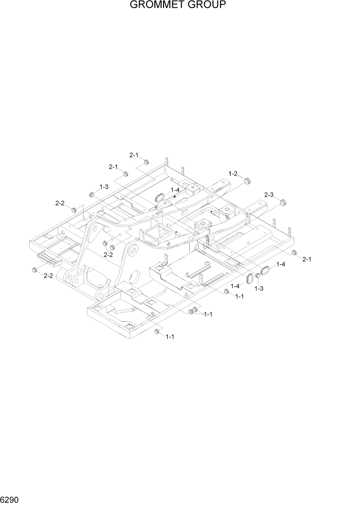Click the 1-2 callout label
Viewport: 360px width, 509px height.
coord(233,173)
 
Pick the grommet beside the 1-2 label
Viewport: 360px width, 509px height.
coord(248,181)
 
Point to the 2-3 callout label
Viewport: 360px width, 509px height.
coord(269,195)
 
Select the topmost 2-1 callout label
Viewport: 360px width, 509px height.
coord(134,154)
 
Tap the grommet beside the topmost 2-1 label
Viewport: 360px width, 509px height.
coord(146,163)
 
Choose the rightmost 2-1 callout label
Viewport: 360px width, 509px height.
coord(307,259)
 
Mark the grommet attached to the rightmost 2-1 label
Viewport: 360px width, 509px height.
coord(294,253)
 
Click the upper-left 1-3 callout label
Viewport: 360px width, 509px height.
coord(104,187)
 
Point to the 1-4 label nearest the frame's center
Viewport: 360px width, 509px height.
coord(175,190)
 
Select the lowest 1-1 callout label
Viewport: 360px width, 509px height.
coord(170,337)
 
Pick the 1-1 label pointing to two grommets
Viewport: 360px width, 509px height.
coord(208,314)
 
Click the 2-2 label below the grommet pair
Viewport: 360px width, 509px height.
coord(108,254)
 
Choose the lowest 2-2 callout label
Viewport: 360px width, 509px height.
coord(48,276)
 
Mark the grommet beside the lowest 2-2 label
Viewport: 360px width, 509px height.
coord(35,270)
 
